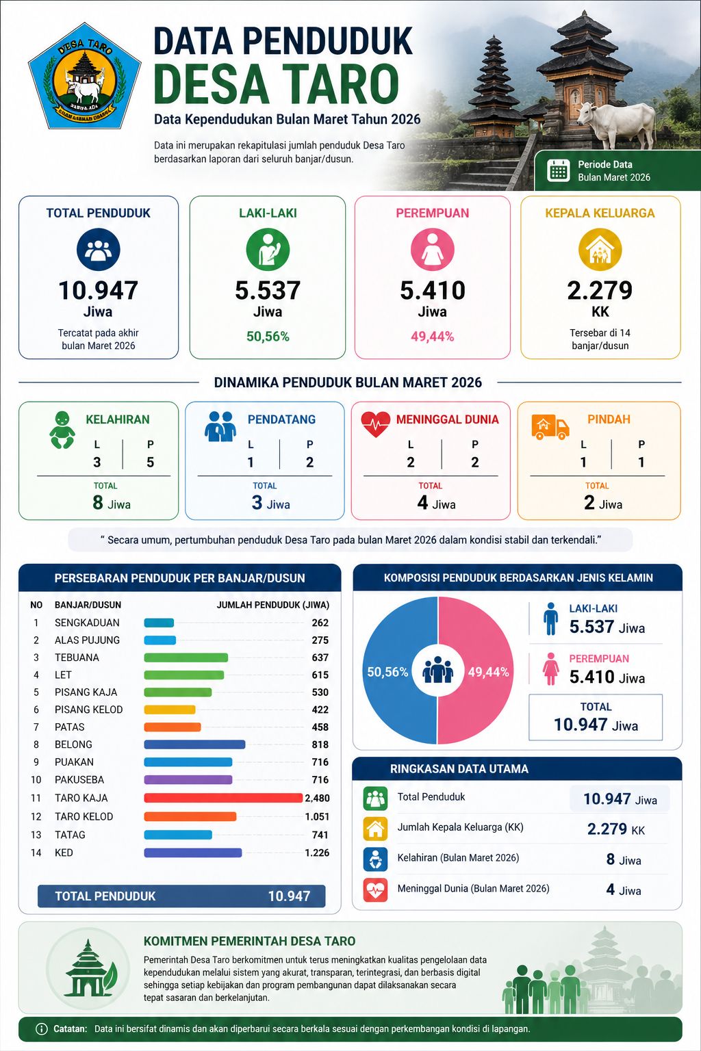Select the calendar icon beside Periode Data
[559, 170]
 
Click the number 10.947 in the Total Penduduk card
[98, 290]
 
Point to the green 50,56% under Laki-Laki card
[268, 337]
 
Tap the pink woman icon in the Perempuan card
[432, 250]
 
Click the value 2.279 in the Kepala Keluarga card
[600, 290]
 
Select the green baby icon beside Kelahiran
[62, 430]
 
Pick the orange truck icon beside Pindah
[550, 427]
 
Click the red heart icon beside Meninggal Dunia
[375, 424]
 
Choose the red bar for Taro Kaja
[223, 798]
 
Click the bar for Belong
[194, 744]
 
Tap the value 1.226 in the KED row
[317, 853]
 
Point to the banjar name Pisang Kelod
[89, 710]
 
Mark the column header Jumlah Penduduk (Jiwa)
[272, 605]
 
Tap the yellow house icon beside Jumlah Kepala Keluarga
[375, 828]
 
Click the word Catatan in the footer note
[70, 1028]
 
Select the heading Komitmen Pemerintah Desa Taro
[249, 941]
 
